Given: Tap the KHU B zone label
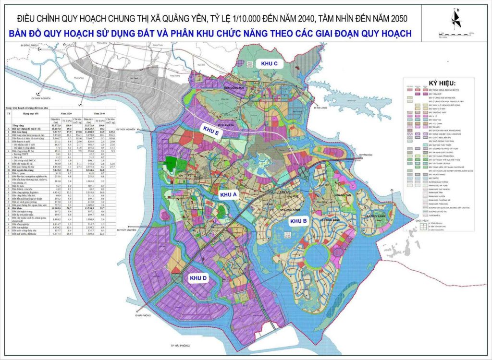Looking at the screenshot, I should click(x=298, y=221).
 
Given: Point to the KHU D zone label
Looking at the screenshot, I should click(x=198, y=278).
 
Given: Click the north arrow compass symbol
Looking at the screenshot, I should click(x=457, y=19).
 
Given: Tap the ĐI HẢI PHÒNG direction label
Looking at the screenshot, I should click(x=143, y=316).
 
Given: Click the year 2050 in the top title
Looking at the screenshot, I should click(x=397, y=19).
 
